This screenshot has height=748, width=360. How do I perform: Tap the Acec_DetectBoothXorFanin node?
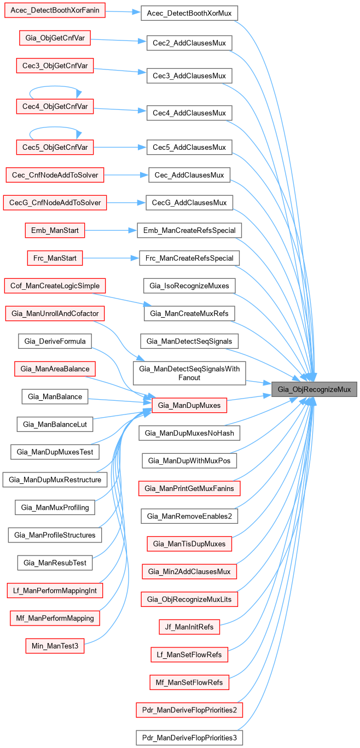click(54, 10)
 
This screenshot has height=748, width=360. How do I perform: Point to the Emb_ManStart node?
click(55, 230)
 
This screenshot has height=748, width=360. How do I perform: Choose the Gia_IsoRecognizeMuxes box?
click(189, 285)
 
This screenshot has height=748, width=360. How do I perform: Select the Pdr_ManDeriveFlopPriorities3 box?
click(189, 738)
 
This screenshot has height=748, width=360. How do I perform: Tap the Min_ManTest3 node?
click(55, 646)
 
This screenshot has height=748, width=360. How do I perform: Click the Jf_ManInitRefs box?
click(189, 627)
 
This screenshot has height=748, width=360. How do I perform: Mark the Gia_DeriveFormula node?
click(55, 342)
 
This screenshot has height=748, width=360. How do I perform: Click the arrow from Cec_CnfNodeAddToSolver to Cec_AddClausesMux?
click(126, 175)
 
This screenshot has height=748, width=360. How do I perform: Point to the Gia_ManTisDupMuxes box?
click(189, 544)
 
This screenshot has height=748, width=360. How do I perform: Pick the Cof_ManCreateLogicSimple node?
click(55, 285)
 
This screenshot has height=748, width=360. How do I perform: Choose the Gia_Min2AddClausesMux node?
click(189, 571)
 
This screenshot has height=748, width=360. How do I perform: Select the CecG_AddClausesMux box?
click(189, 203)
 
